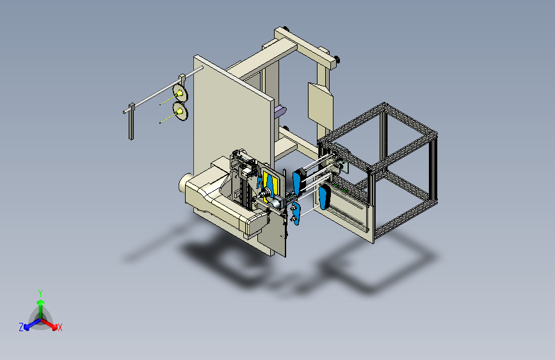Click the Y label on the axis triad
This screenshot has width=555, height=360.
pos(40,293)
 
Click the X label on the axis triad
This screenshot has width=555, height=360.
pos(60,327)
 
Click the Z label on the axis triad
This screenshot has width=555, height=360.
pos(21,327)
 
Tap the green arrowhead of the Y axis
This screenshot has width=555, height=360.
pos(41,302)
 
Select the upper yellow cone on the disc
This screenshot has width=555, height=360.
pos(180,94)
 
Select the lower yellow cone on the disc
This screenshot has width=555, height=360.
pos(180,112)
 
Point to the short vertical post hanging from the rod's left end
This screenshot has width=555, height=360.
pos(131,122)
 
